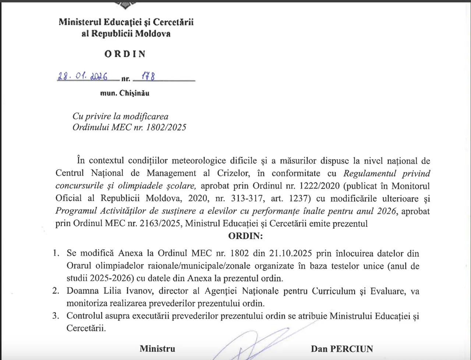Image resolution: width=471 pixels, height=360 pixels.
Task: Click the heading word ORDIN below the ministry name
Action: (125, 54)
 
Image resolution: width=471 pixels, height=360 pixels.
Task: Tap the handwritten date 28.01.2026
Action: (82, 76)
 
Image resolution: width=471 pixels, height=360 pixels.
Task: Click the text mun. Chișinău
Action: (125, 93)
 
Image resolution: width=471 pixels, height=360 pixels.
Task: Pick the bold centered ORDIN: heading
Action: (245, 236)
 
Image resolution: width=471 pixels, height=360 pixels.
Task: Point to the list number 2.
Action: (56, 291)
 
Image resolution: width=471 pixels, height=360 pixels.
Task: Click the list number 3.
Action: (56, 316)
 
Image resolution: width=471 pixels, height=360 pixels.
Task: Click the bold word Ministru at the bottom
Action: (157, 349)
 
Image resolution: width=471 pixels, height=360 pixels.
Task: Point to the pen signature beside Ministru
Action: (254, 344)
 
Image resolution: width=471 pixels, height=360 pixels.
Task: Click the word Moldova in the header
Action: (153, 34)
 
